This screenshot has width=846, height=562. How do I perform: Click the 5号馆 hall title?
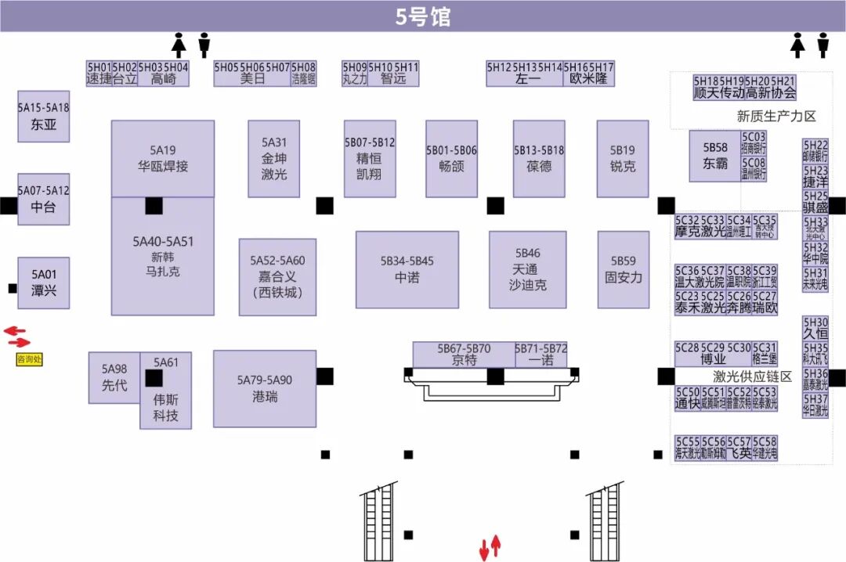click(423, 16)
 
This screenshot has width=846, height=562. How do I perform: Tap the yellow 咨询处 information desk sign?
click(29, 360)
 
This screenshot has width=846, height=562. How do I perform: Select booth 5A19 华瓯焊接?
click(163, 158)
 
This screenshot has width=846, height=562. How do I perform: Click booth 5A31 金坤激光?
click(274, 158)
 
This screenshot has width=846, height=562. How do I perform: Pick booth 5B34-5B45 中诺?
click(407, 269)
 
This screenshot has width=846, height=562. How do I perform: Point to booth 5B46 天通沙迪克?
click(528, 269)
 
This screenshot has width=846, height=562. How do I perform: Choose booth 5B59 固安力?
click(624, 269)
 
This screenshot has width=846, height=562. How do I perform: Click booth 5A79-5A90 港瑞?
click(265, 388)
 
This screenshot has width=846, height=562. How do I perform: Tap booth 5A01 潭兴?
click(44, 283)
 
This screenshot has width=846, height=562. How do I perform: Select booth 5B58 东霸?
click(714, 156)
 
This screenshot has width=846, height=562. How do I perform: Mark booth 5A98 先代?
click(114, 377)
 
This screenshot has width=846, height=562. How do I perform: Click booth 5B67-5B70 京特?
click(464, 354)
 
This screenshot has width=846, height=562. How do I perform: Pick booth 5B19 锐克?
click(623, 158)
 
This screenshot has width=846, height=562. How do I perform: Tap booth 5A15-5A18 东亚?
click(44, 116)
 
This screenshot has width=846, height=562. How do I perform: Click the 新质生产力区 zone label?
click(775, 116)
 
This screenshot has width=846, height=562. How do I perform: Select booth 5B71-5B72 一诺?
click(541, 354)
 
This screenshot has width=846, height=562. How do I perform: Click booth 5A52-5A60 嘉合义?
click(278, 276)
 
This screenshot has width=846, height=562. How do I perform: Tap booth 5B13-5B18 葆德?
click(539, 158)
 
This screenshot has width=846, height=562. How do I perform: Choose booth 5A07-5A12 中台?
click(44, 199)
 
